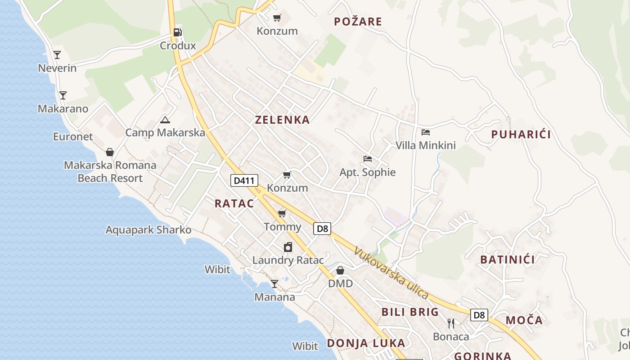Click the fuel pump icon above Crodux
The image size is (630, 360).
click(178, 32)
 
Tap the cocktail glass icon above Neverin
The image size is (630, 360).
click(57, 55)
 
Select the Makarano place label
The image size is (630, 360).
click(63, 109)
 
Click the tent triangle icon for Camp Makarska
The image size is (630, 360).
click(165, 120)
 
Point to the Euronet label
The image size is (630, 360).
click(73, 137)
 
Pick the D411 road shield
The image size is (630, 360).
click(244, 181)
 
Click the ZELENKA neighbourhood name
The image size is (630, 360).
click(282, 120)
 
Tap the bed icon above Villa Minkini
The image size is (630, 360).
click(426, 132)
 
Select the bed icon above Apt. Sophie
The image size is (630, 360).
click(368, 159)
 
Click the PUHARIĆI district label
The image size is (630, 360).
click(521, 135)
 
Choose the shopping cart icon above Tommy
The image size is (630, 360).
click(282, 213)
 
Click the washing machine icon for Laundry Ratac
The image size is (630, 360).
click(288, 247)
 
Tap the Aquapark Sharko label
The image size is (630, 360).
click(148, 230)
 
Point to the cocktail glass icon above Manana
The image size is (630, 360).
click(274, 283)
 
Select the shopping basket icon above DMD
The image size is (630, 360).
click(340, 270)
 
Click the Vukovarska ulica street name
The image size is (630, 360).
click(391, 273)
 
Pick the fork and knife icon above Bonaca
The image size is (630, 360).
click(451, 323)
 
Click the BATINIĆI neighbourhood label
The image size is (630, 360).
click(507, 260)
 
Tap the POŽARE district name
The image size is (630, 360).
click(358, 22)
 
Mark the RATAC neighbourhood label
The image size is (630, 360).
click(234, 203)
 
